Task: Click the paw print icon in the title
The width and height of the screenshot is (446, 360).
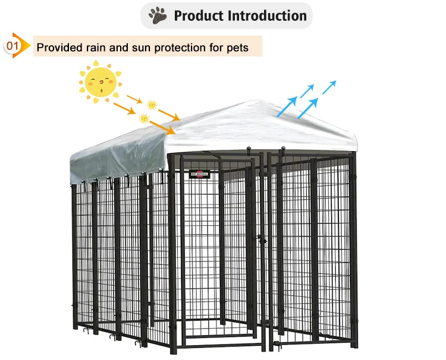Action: (158, 15)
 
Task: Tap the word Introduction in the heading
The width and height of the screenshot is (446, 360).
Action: (268, 15)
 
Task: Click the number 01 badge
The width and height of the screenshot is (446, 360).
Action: (11, 45)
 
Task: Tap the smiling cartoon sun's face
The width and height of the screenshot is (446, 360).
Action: (100, 83)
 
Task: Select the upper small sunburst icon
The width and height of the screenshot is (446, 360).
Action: (152, 105)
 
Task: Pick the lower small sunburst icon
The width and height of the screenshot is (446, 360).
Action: (143, 118)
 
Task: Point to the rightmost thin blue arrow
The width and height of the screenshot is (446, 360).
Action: (329, 87)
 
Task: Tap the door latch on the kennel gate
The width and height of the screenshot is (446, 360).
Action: (260, 239)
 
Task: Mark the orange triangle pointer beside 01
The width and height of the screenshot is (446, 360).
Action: (25, 45)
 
